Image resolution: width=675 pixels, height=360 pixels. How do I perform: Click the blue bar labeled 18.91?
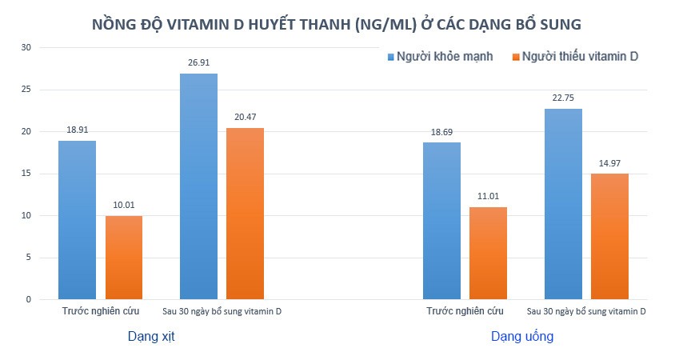click(x=77, y=220)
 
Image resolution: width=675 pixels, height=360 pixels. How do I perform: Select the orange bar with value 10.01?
click(x=124, y=258)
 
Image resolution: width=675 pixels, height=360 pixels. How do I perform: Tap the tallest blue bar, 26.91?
click(x=198, y=186)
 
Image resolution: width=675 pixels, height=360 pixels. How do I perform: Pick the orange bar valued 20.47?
click(x=245, y=214)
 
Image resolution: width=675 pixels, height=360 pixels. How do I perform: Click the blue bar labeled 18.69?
click(x=441, y=221)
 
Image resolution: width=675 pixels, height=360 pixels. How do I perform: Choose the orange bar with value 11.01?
click(x=488, y=253)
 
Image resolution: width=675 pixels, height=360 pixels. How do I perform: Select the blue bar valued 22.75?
click(x=563, y=204)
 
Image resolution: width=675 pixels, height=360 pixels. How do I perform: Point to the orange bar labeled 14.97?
click(x=609, y=236)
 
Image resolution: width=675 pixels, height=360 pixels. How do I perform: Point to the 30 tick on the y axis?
click(x=26, y=47)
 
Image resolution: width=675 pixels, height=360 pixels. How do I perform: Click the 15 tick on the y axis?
click(x=26, y=174)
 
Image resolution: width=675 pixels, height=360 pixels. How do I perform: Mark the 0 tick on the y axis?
click(x=28, y=299)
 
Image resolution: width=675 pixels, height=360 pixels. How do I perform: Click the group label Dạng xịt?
click(x=151, y=337)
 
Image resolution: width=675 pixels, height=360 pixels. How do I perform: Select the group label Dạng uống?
click(x=522, y=337)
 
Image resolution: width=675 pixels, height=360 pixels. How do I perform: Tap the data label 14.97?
click(x=609, y=162)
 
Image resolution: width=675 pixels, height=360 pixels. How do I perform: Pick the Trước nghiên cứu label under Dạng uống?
click(x=465, y=311)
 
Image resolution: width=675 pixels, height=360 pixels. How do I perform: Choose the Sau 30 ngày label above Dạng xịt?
click(x=222, y=311)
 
